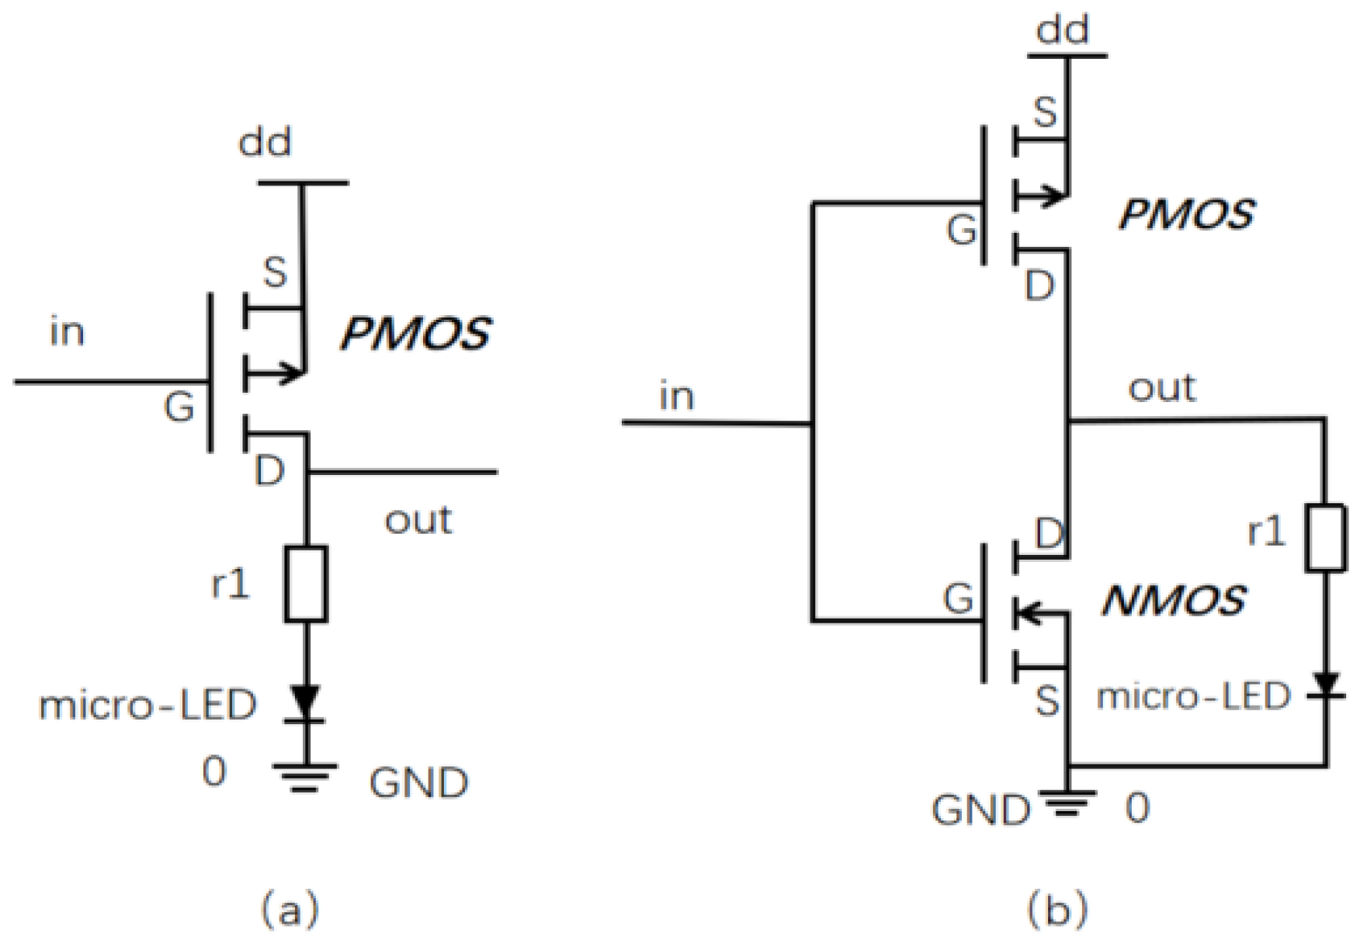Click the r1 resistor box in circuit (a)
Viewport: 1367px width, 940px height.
click(306, 584)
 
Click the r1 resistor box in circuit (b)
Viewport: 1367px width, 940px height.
click(1326, 538)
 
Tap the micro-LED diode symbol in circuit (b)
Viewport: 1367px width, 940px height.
click(1326, 686)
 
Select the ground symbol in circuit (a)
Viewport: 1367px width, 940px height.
click(306, 777)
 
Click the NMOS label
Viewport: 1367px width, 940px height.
click(1173, 601)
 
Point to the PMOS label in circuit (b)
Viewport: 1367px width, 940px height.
click(1185, 214)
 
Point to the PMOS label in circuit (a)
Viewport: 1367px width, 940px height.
click(415, 334)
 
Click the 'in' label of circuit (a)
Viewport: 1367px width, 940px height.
click(67, 333)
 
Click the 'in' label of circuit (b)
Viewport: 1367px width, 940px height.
click(676, 397)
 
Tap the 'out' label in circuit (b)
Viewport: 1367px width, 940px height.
click(1161, 388)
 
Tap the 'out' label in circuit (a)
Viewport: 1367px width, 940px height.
click(418, 520)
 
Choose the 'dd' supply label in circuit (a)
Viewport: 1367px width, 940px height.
click(265, 144)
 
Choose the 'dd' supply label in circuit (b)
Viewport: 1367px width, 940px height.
click(1063, 31)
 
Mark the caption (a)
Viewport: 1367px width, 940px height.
click(290, 909)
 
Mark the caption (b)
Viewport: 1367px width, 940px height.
click(1058, 909)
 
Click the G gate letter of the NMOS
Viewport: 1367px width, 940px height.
click(959, 599)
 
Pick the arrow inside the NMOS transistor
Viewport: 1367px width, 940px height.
click(1032, 613)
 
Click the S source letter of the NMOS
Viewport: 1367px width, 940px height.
click(1046, 702)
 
